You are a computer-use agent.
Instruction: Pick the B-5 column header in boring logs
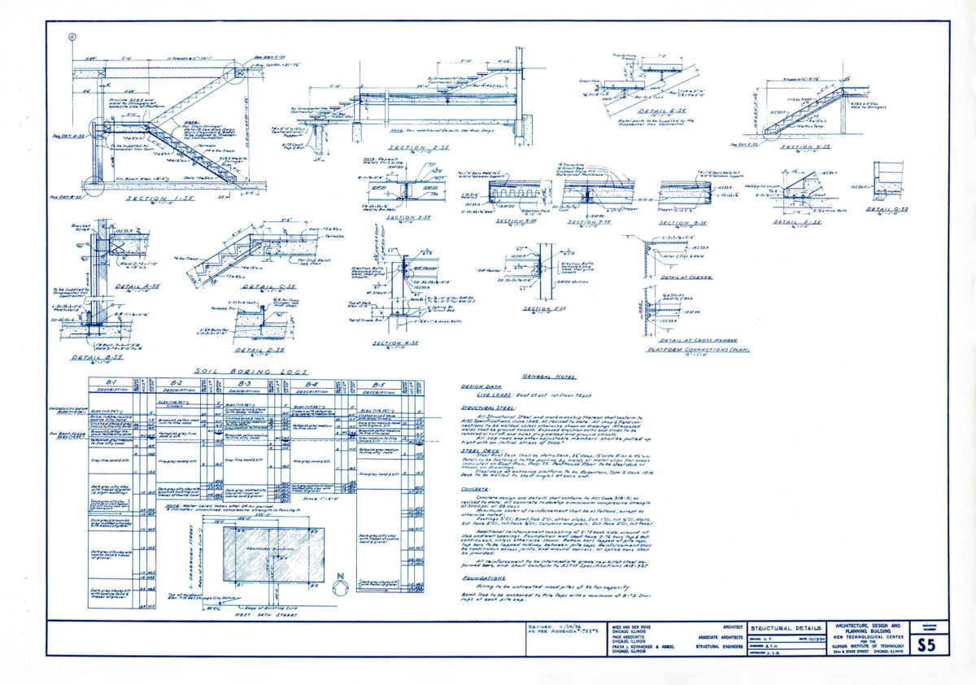(x=377, y=382)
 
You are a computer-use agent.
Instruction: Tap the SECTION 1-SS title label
(x=159, y=199)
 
